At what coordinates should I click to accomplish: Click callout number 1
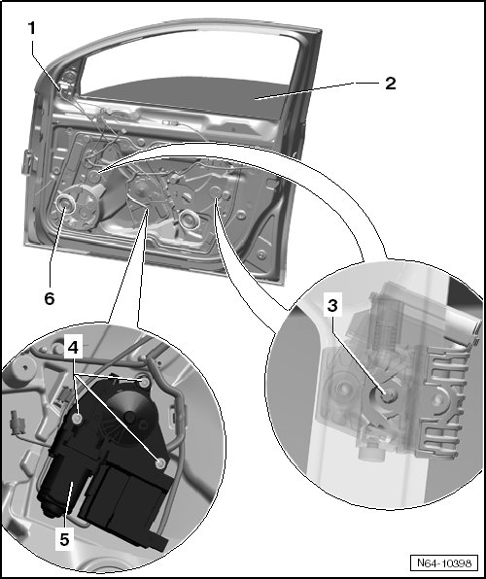[32, 29]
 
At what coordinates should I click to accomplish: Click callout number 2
[391, 84]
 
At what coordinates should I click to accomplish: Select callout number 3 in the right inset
[332, 306]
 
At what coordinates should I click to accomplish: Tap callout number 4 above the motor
[73, 348]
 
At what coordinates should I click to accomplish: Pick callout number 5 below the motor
[64, 539]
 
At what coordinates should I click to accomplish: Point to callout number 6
[50, 298]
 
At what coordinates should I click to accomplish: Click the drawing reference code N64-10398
[444, 562]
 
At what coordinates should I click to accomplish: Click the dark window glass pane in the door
[192, 97]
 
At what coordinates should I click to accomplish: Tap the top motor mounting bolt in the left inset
[145, 382]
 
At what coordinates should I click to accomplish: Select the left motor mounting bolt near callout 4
[77, 419]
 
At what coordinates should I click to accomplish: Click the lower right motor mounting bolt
[160, 463]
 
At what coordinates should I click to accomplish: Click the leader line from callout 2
[319, 90]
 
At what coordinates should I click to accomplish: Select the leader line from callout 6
[57, 247]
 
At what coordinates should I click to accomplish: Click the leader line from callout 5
[68, 505]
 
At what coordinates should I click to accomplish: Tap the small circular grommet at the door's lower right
[261, 255]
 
